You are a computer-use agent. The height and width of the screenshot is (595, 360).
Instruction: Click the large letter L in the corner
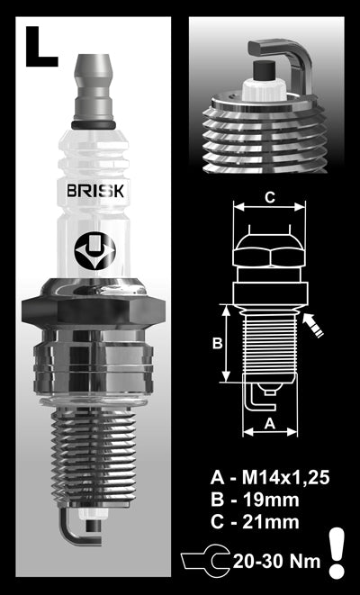click(x=41, y=47)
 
